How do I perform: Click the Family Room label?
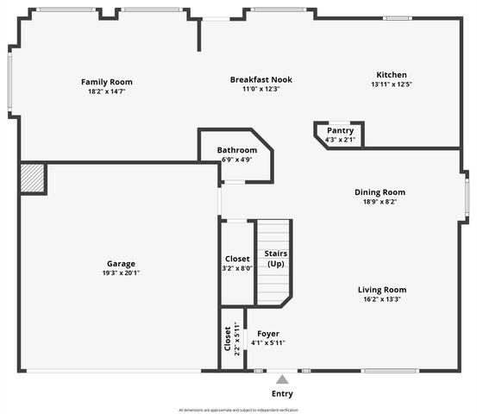(x=107, y=82)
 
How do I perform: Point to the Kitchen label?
(x=391, y=75)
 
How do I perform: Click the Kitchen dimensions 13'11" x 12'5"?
(x=391, y=85)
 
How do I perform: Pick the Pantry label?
(x=340, y=131)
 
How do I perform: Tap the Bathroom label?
(x=236, y=149)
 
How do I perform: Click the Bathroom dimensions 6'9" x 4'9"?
(x=236, y=159)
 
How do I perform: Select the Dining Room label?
(x=380, y=192)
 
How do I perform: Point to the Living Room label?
(x=382, y=290)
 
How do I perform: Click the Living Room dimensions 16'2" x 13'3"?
(x=382, y=299)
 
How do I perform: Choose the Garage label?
(x=121, y=264)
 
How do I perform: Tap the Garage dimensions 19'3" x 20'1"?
(x=121, y=273)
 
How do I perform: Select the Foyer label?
(x=268, y=333)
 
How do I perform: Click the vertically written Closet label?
(x=228, y=339)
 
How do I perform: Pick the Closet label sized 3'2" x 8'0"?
(x=237, y=259)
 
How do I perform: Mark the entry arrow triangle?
(x=282, y=379)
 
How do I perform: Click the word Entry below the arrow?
(x=282, y=393)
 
